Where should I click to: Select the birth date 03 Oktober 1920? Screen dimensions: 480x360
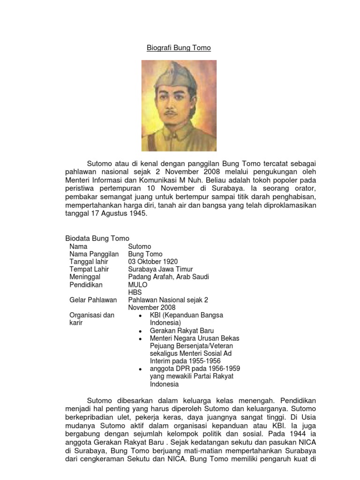(x=153, y=262)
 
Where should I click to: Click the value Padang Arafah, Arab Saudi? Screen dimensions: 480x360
(x=168, y=277)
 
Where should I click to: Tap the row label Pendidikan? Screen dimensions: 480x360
(x=86, y=285)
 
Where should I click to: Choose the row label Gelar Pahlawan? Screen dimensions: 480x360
(x=93, y=300)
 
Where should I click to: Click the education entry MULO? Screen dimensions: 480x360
(x=138, y=285)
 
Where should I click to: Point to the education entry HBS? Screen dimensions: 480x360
(x=135, y=292)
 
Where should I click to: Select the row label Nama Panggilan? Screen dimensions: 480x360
(x=94, y=254)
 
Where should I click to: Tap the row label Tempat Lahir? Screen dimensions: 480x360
(x=89, y=269)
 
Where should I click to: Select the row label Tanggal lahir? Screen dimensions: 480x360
(x=89, y=262)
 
